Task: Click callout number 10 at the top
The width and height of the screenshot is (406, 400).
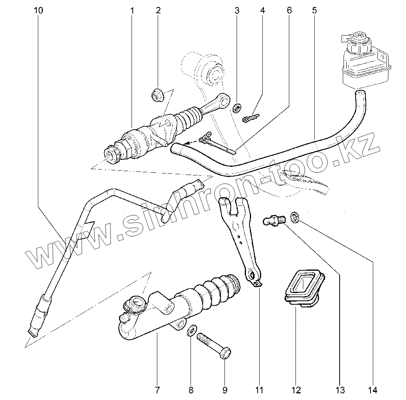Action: tap(38, 11)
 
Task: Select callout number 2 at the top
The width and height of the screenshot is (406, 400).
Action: tap(158, 11)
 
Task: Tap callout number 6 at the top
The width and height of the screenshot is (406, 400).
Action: tap(237, 11)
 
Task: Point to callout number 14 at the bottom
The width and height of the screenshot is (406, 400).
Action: tap(372, 389)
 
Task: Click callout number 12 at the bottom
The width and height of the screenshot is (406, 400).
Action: tap(296, 389)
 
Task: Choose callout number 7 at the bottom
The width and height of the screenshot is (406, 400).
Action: tap(157, 389)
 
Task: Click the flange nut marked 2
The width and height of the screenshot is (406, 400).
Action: tap(158, 95)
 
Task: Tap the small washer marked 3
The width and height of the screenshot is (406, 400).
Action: tap(237, 107)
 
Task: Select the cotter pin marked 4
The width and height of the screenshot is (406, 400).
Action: tap(251, 118)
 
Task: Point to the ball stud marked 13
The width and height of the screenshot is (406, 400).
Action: tap(275, 220)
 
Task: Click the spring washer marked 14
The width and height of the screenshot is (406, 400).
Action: tap(295, 218)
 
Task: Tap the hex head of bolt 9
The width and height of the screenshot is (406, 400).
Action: tap(224, 353)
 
